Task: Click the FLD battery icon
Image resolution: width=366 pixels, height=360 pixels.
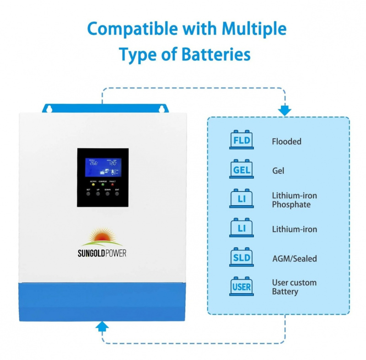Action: (241, 140)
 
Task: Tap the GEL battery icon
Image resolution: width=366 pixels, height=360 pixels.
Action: (241, 169)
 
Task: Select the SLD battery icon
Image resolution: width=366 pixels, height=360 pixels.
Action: (241, 258)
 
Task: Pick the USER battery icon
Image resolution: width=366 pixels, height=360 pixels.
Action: (241, 287)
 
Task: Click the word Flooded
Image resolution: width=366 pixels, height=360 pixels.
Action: (286, 142)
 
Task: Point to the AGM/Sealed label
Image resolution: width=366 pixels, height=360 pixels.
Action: (294, 258)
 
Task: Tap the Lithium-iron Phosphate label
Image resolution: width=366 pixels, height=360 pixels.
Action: (294, 200)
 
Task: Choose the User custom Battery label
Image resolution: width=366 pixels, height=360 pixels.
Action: (294, 287)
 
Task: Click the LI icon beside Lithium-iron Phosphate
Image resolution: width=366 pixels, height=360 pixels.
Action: (241, 199)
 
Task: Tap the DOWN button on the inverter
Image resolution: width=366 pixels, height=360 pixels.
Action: (108, 194)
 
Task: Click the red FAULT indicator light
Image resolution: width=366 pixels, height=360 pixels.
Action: (113, 184)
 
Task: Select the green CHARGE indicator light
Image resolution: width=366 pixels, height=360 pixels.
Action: (102, 184)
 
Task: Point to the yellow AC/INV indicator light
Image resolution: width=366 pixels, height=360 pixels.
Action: (93, 184)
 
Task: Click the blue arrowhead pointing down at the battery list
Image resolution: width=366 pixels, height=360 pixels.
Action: (285, 111)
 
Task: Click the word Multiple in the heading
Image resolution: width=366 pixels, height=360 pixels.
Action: (255, 29)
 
